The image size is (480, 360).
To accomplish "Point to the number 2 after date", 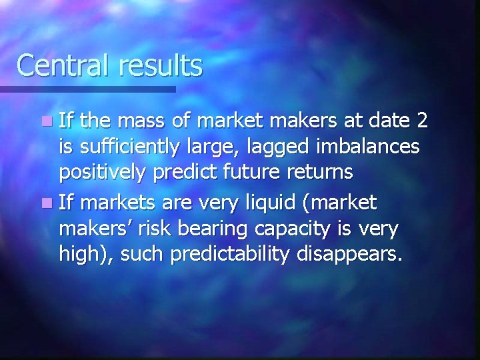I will coord(421,121).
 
